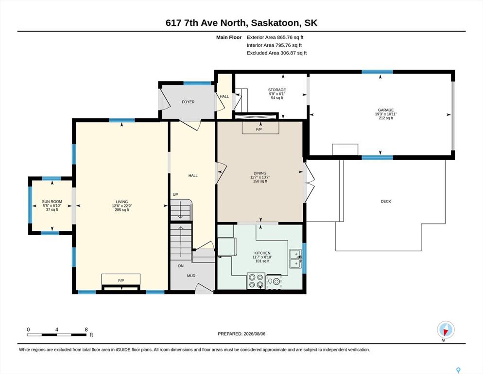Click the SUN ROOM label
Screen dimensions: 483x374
tap(52, 202)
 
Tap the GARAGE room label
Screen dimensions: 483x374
tap(386, 110)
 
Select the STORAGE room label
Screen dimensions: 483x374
tap(277, 90)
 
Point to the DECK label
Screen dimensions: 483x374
tap(386, 201)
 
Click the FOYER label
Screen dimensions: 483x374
tap(188, 102)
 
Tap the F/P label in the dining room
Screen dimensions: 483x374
tap(259, 130)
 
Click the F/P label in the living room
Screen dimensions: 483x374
tap(121, 280)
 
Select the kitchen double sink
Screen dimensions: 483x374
tap(296, 259)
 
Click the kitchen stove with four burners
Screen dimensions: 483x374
tap(256, 281)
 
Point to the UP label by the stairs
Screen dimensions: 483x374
tap(175, 195)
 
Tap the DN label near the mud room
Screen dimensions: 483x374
tap(181, 266)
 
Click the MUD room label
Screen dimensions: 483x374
tap(191, 276)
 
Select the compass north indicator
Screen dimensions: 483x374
tap(446, 330)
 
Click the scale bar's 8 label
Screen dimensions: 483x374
tap(86, 330)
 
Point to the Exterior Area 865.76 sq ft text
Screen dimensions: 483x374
tap(275, 37)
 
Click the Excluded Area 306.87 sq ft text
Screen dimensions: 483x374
tap(276, 53)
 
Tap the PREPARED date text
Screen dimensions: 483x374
tap(241, 334)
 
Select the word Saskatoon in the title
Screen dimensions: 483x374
tap(275, 23)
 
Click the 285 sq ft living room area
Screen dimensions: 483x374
tap(122, 210)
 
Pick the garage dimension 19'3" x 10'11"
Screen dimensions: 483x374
tap(386, 114)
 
